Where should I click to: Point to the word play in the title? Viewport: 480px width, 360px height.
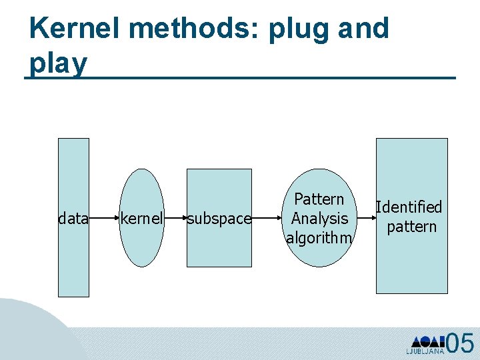coord(58,64)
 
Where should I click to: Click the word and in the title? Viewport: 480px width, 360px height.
coord(363,29)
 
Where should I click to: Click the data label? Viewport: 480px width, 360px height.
coord(73,218)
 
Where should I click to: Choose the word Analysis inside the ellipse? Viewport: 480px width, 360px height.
coord(320,218)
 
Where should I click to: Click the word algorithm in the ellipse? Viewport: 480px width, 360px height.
coord(319,237)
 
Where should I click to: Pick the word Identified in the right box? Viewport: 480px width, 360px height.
coord(409,207)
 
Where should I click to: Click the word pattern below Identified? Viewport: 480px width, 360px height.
coord(411,227)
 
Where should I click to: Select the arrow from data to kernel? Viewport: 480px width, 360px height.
coord(105,217)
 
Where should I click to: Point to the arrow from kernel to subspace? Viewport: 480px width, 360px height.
coord(175,217)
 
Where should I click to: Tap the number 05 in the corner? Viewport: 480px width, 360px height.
coord(460,343)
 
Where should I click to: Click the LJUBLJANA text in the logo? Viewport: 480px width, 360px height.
coord(424,350)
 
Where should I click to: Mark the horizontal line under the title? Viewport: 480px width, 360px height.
coord(240,79)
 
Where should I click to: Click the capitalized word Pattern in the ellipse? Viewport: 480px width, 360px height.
coord(319,199)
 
